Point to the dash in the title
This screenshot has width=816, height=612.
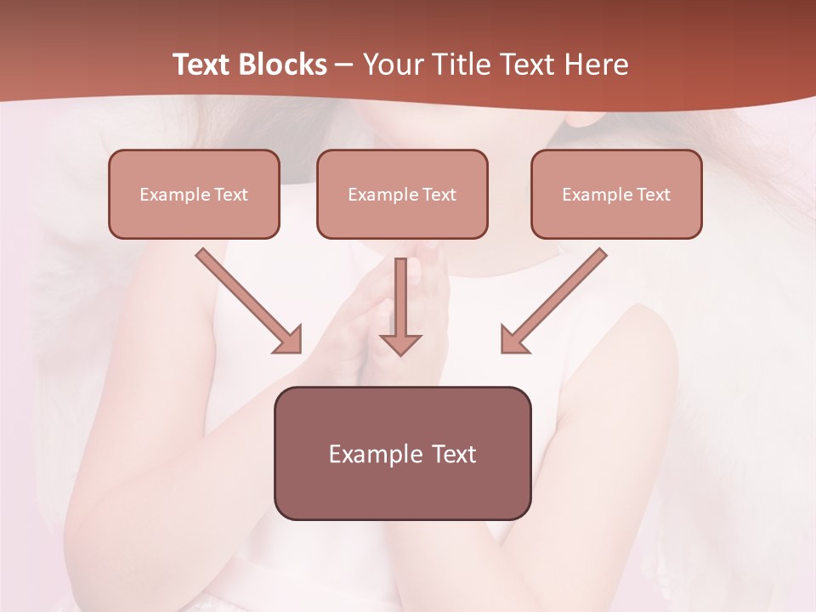tap(344, 65)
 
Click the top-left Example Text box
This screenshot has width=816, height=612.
tap(194, 194)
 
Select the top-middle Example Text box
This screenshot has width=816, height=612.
tap(402, 194)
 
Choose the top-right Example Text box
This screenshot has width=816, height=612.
tap(616, 194)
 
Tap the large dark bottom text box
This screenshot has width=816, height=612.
tap(402, 453)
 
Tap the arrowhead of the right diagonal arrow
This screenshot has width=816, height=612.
tap(513, 340)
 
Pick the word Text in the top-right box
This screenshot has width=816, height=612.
tap(653, 195)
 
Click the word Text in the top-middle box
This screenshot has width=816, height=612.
tap(439, 195)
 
